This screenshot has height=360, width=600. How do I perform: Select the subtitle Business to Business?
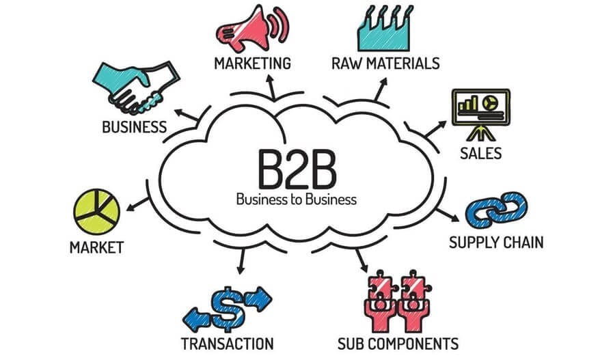(x=296, y=200)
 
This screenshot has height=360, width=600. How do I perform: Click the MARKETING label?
(x=252, y=64)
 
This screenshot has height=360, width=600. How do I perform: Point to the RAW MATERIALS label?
(x=385, y=64)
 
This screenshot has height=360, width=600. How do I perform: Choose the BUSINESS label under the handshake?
(x=134, y=126)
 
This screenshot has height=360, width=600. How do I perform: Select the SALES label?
(x=480, y=152)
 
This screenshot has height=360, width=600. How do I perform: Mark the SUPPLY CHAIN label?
(x=496, y=243)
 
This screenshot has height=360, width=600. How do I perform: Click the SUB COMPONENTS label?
(x=397, y=342)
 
